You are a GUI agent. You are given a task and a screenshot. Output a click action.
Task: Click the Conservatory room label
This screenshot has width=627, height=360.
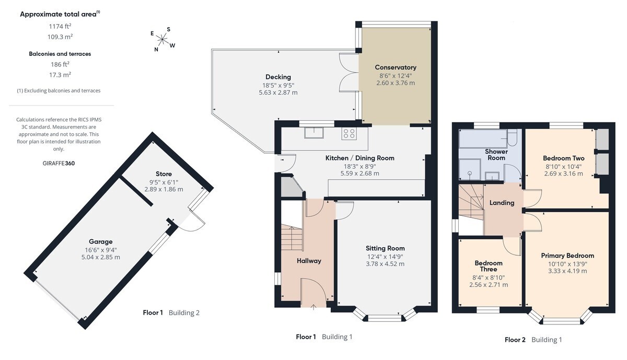click(396, 67)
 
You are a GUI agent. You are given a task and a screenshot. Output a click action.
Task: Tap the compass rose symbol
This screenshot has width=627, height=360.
click(162, 39)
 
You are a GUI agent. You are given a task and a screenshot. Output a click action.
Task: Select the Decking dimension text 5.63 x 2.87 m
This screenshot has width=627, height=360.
click(278, 92)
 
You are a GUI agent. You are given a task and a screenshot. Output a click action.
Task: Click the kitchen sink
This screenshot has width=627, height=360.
click(314, 133)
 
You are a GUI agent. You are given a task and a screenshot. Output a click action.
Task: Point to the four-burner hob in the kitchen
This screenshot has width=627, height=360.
click(349, 134)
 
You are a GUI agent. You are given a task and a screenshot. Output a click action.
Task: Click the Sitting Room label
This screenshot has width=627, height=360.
click(385, 248)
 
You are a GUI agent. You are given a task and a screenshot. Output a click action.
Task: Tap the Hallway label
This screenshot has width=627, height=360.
click(309, 261)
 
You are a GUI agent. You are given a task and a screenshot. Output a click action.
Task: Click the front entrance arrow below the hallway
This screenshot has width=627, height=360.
click(313, 307)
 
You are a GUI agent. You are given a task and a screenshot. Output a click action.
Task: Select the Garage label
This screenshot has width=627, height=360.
click(101, 241)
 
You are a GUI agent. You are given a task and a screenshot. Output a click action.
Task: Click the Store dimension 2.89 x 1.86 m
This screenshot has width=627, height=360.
click(164, 189)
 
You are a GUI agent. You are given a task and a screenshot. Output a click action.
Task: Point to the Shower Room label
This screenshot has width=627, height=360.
click(496, 155)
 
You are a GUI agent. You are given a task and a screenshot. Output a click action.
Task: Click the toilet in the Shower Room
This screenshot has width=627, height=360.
click(512, 138)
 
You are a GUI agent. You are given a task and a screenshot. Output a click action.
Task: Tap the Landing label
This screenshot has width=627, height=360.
click(502, 203)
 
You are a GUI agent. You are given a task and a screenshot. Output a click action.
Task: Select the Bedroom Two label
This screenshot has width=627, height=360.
click(563, 158)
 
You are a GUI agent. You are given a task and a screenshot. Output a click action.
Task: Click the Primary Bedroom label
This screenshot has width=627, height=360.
click(567, 256)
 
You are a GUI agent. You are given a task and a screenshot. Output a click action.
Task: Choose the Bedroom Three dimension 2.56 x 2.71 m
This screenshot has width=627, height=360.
click(489, 285)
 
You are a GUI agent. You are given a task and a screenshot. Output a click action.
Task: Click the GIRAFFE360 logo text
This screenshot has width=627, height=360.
click(59, 163)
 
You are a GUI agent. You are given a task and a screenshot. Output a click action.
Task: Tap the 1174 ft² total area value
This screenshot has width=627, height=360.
click(60, 26)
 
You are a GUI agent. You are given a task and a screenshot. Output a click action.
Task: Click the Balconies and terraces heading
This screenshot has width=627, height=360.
click(60, 54)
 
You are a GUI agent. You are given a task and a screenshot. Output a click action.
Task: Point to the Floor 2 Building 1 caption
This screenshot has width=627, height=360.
click(533, 340)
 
